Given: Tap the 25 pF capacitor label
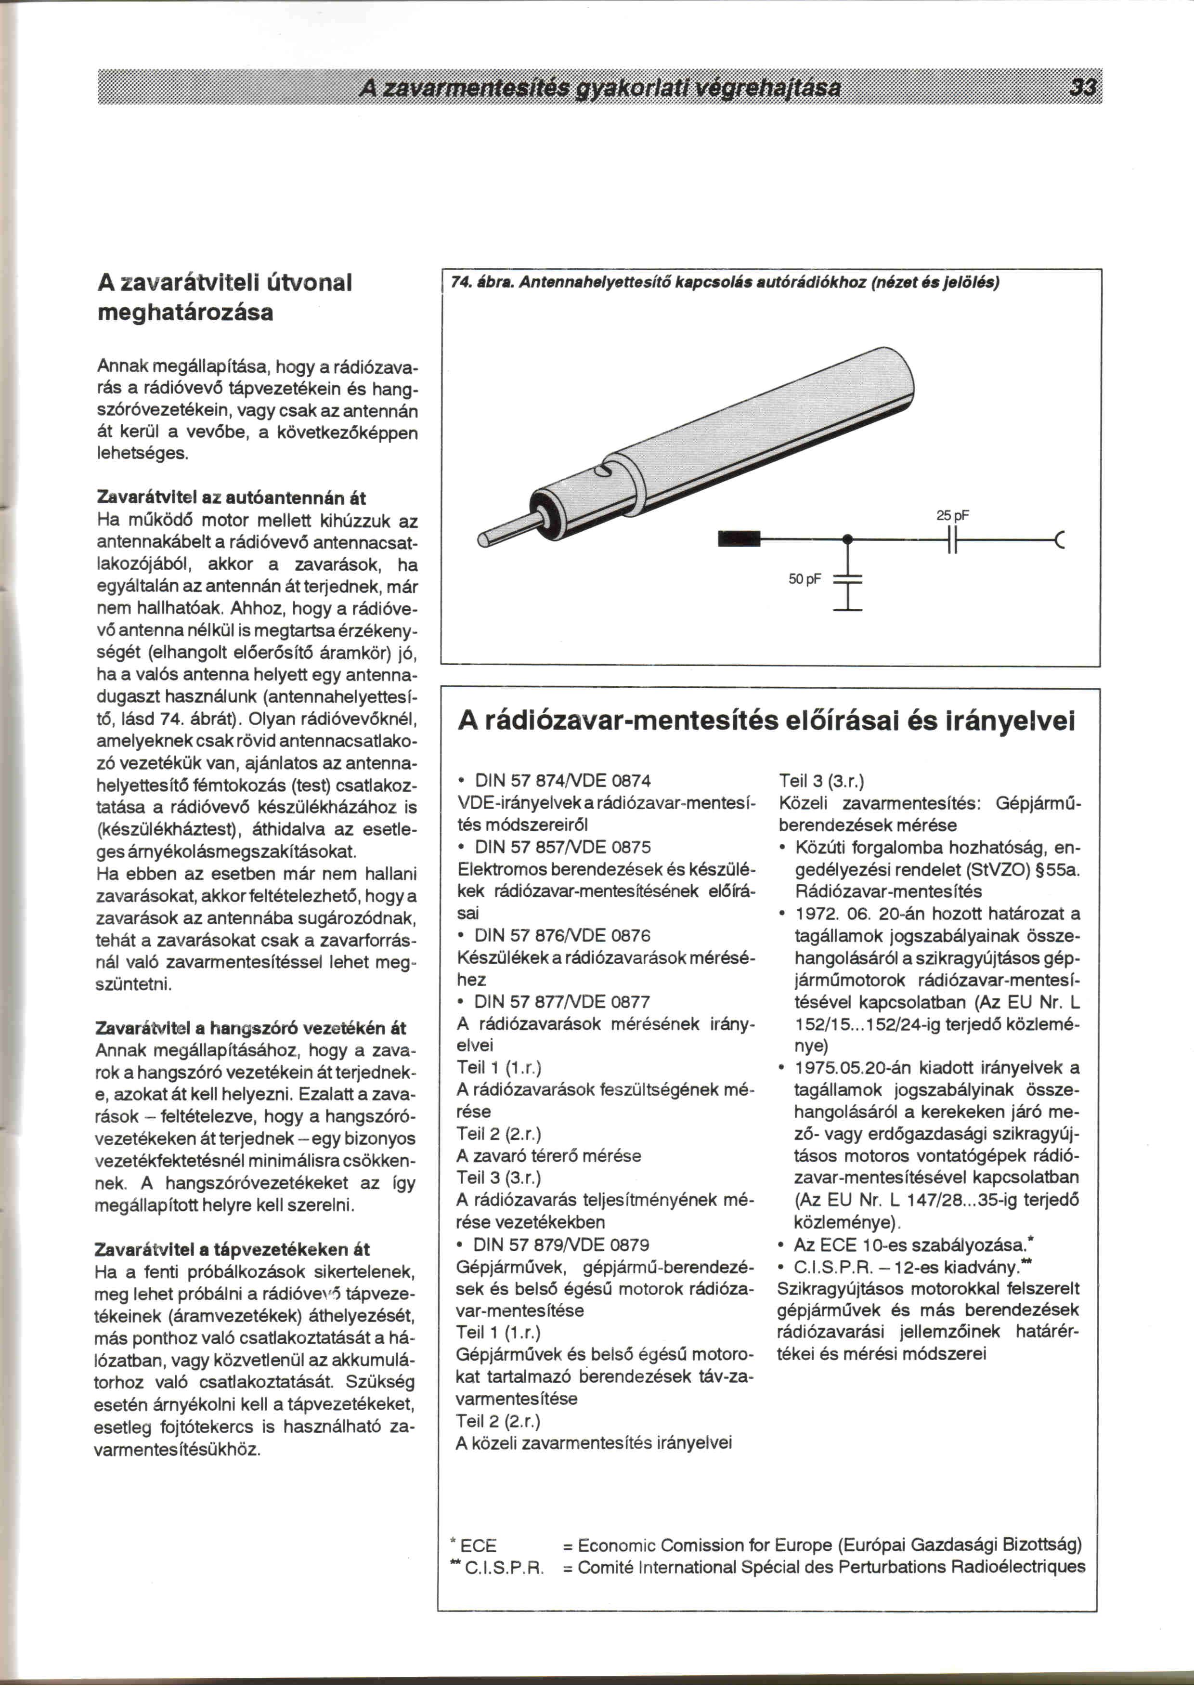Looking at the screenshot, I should tap(953, 516).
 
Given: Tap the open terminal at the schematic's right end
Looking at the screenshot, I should tap(1060, 541).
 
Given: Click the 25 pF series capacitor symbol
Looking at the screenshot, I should tap(952, 541).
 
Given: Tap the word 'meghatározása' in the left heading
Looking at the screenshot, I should tap(185, 313).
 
